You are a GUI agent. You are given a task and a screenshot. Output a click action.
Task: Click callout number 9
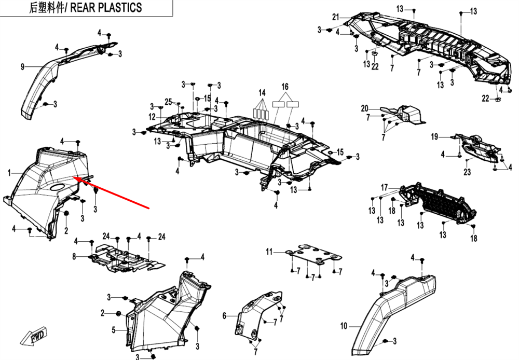22,66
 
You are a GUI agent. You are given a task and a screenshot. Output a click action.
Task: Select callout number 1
9,172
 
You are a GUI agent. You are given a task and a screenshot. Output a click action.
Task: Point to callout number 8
74,256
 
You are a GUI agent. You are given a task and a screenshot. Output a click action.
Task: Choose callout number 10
343,327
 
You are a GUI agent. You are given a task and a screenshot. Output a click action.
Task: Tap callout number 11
269,252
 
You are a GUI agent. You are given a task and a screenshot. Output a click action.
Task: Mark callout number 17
385,187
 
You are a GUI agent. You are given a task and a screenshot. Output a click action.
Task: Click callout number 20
364,108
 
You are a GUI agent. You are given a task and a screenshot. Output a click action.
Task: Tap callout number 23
467,173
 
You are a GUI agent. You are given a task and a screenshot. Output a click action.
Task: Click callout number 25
168,101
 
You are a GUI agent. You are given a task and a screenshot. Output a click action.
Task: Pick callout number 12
152,116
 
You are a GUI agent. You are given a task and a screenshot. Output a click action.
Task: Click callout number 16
285,86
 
